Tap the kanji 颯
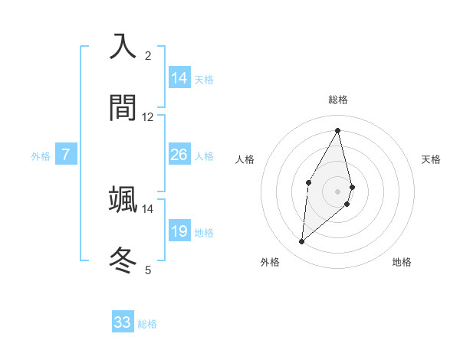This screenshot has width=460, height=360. [123, 199]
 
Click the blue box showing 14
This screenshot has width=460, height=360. [179, 77]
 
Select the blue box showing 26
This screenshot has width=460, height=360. [179, 155]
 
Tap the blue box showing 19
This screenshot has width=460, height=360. [179, 231]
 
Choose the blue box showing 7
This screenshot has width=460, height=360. [66, 155]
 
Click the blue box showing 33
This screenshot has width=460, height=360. [123, 322]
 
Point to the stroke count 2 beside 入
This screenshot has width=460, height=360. [148, 55]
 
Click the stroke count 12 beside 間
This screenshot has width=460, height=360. [148, 117]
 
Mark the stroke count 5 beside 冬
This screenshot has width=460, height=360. [148, 270]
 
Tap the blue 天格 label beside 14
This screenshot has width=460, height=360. [204, 79]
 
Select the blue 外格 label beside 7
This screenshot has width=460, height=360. [41, 156]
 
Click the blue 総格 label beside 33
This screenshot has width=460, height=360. [147, 324]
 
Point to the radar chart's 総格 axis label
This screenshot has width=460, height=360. [338, 100]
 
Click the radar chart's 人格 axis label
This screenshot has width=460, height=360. [245, 159]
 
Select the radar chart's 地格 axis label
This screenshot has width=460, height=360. [402, 262]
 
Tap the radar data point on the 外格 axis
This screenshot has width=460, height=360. [302, 242]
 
